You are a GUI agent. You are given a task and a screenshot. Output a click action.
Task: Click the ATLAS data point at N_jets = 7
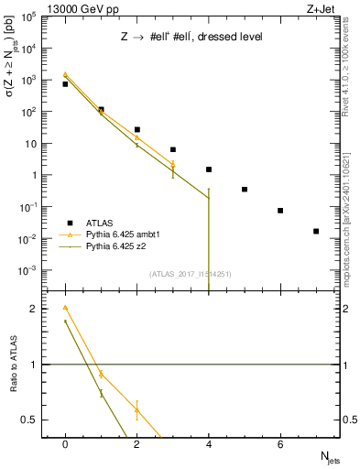coord(316,231)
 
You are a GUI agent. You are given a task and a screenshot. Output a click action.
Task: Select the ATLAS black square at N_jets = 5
coord(245,190)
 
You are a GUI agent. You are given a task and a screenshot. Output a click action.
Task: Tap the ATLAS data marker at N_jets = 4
coord(209,169)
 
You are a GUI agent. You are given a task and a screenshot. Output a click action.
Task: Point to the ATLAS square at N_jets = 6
coord(280,211)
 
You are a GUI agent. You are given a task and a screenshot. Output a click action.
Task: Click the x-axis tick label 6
coord(280,444)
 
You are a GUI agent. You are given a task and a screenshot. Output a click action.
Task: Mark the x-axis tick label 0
coord(65,444)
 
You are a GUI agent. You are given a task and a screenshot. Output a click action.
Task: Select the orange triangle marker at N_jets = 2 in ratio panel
coord(136,409)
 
